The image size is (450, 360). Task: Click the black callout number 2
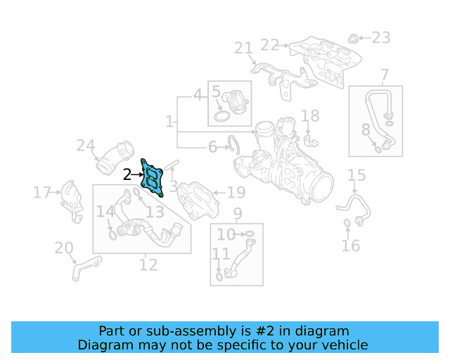pos(127,175)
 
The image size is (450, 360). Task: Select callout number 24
pos(85,146)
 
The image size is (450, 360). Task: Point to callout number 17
pos(43,192)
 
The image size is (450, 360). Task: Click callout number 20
pos(63,248)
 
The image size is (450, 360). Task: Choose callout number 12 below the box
pos(148,265)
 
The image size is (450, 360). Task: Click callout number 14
pos(105,212)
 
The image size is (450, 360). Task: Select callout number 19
pos(236,192)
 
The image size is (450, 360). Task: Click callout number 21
pos(243,49)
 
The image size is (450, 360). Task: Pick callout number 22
pos(270,45)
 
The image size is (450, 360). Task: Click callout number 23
pos(380,37)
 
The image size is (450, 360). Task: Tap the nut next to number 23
pos(354,37)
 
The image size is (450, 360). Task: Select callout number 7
pos(385,75)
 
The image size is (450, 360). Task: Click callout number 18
pos(310,116)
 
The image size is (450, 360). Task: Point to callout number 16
pos(350,245)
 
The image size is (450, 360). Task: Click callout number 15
pos(356,175)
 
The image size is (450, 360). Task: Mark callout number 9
pos(238,213)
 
